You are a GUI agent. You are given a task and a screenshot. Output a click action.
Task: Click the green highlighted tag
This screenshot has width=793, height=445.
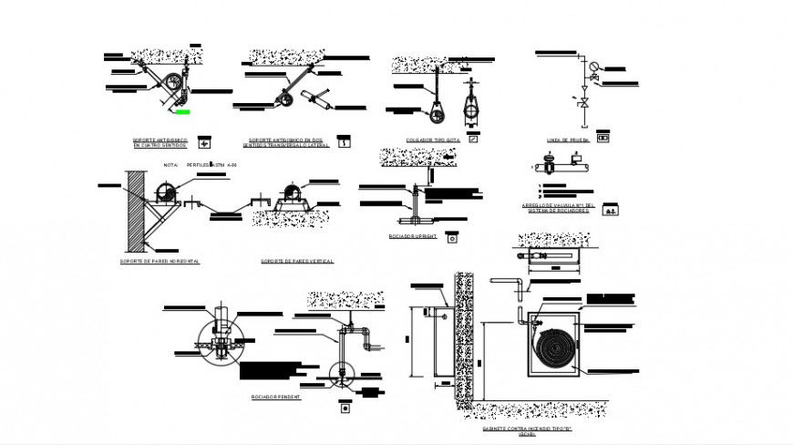click(182, 112)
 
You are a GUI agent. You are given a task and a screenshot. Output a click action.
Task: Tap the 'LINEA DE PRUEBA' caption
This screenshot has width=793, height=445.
click(568, 140)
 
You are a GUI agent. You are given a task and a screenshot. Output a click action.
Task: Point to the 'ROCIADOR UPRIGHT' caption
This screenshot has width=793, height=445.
click(413, 235)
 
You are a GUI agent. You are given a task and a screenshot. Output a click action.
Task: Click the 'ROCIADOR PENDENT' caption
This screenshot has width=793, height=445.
click(276, 398)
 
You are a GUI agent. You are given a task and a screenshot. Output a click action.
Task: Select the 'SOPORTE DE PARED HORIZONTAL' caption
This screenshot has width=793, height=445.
click(160, 261)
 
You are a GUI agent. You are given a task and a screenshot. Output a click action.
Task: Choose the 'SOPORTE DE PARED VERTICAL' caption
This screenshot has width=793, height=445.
click(296, 261)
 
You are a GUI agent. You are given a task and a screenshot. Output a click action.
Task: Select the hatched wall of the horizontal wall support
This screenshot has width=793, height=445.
click(136, 209)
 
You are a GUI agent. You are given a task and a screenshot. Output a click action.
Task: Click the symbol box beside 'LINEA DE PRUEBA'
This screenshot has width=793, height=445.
click(602, 139)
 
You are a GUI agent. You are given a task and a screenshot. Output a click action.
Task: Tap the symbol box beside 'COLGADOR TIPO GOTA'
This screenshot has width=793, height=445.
click(472, 140)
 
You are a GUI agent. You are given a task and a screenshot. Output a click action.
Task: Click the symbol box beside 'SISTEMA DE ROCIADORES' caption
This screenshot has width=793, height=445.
click(613, 209)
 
